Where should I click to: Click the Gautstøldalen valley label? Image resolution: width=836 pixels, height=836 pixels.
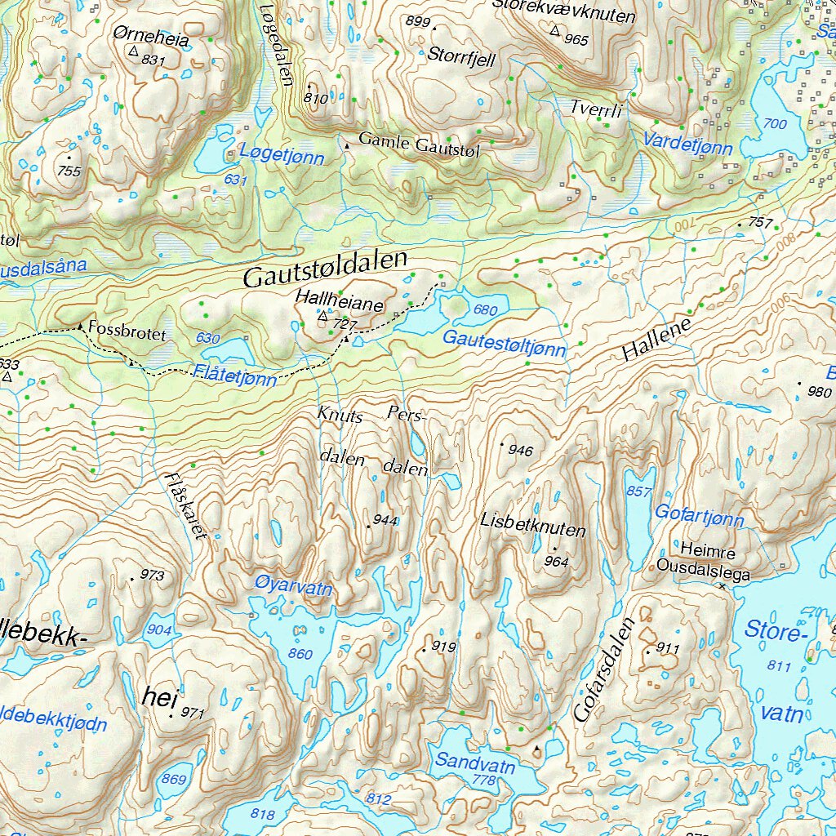coord(325,269)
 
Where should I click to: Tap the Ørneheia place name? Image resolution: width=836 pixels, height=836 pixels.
coord(151,38)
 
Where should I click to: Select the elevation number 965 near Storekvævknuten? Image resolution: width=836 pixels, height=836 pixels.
coord(576,40)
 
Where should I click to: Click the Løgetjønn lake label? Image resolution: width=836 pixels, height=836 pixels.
coord(282,157)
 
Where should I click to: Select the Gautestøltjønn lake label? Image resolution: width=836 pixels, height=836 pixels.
coord(504,344)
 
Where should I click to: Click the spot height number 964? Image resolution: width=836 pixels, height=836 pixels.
coord(556,561)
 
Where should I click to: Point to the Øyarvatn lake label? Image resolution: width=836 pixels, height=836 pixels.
coord(293,586)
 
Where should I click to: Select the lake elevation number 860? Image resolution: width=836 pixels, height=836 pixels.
coord(300,654)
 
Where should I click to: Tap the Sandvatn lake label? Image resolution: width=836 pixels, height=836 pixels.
coord(475,763)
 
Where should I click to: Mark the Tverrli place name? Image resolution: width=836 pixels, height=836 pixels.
coord(596,109)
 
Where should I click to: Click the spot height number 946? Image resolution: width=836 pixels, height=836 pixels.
coord(520,450)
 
